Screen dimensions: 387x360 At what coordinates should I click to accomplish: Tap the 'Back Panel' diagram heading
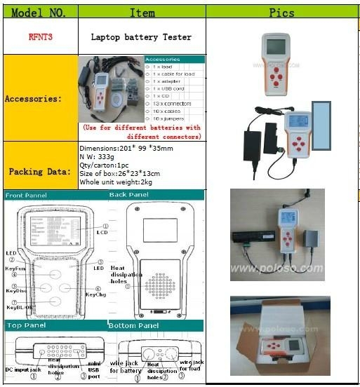[128, 196]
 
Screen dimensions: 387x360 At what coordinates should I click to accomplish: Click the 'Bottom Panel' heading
[133, 326]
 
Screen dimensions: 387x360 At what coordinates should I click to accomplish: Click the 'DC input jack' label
[22, 369]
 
